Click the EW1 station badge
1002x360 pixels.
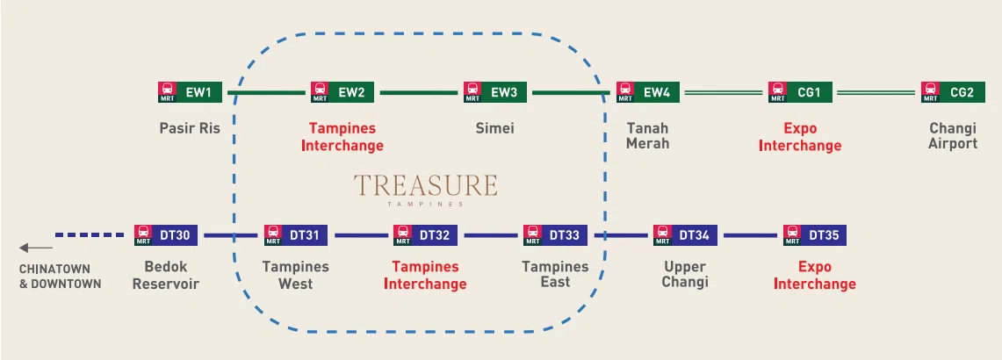[190, 92]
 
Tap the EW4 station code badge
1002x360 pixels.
[648, 92]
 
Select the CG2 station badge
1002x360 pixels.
[953, 92]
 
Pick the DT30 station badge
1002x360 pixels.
[166, 235]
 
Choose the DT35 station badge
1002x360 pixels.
[815, 235]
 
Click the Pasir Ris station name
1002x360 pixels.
[190, 128]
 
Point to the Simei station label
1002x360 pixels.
[494, 128]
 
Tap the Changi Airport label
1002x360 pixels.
[953, 135]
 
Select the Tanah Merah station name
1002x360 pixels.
[648, 135]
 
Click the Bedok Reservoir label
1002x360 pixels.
[166, 275]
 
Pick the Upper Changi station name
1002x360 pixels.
[685, 275]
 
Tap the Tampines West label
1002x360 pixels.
[295, 275]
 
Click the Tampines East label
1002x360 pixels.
[555, 275]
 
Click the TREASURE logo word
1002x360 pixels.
[426, 185]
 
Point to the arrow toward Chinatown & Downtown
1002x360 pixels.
[36, 248]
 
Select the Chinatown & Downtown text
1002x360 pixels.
[60, 277]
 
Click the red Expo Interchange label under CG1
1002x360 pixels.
[799, 137]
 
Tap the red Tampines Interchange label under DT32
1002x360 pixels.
[425, 275]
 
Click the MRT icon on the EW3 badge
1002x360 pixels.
[472, 92]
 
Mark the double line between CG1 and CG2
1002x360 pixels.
[876, 93]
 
